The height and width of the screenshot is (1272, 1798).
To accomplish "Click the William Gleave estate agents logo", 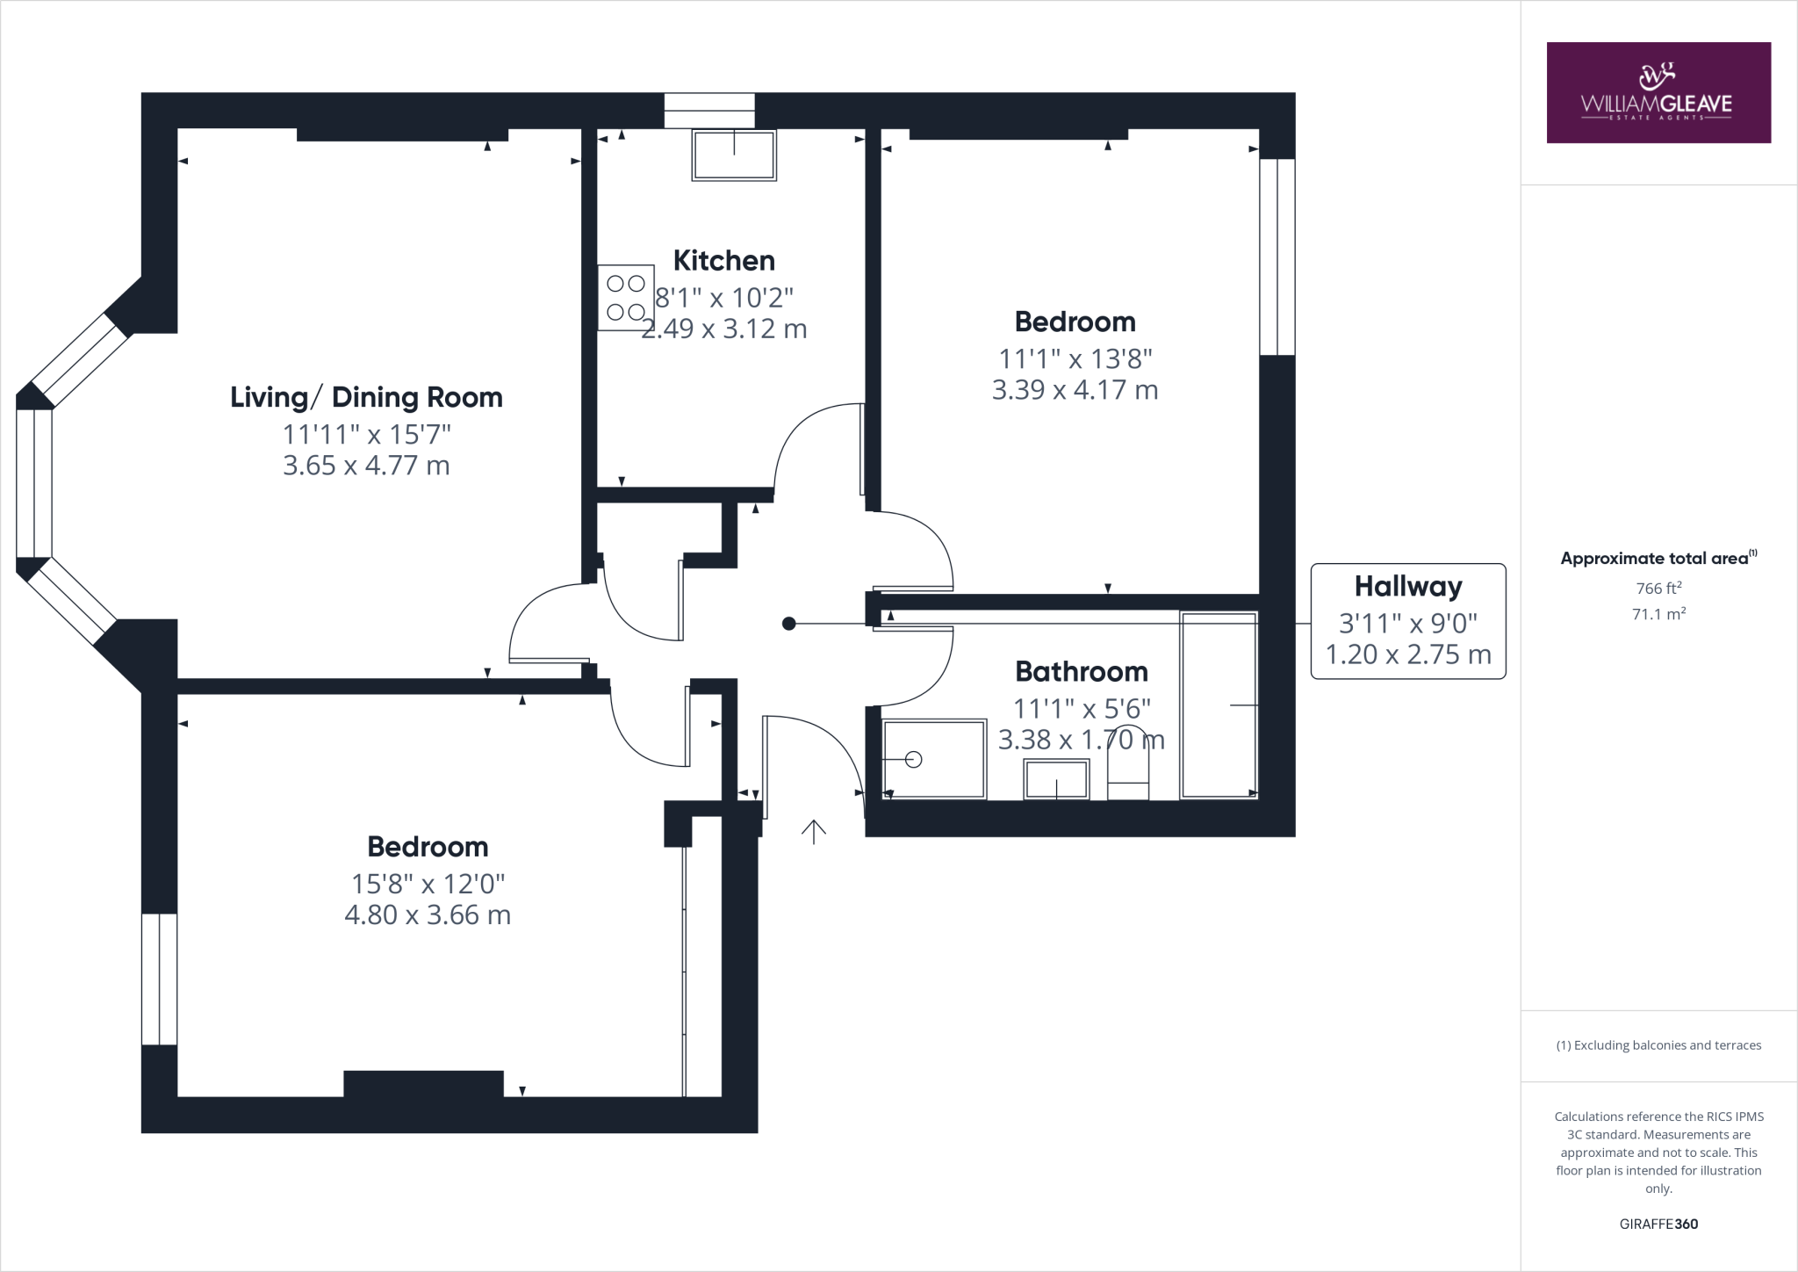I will (x=1658, y=92).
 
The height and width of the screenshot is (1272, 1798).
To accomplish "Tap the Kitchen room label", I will (x=723, y=260).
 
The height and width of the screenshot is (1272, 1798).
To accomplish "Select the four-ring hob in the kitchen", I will (x=625, y=297).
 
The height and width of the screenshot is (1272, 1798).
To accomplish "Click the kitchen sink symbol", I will (x=734, y=155).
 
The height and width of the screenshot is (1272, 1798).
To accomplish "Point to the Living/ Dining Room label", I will (x=366, y=397).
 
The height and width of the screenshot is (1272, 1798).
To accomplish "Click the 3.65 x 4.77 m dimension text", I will (x=366, y=465).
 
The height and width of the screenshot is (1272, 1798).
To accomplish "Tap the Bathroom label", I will (x=1081, y=671).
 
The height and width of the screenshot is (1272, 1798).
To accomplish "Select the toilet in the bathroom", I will (x=1128, y=764).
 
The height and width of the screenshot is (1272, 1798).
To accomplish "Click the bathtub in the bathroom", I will (x=1219, y=705).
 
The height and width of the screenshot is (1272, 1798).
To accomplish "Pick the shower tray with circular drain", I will (x=934, y=760).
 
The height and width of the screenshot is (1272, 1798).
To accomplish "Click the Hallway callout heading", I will (x=1407, y=586).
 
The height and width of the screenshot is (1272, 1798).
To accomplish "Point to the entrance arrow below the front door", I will (x=814, y=831).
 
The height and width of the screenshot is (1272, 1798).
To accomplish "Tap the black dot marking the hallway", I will (x=788, y=624).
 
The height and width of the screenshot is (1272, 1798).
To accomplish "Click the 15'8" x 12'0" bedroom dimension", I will (x=428, y=883).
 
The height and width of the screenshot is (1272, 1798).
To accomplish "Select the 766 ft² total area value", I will (x=1658, y=589).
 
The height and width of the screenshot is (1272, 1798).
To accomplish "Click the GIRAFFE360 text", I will (x=1658, y=1224).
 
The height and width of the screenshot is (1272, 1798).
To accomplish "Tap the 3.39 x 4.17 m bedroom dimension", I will (x=1075, y=389).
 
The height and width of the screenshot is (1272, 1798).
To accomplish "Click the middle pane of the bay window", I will (x=34, y=482).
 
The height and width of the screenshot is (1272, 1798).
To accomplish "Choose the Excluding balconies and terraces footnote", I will (x=1658, y=1045).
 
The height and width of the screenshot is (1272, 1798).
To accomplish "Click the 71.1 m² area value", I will (x=1658, y=614).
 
